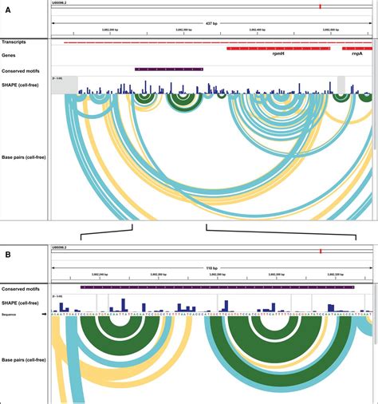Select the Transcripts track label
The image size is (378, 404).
coord(17,42)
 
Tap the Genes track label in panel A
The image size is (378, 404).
coord(11,51)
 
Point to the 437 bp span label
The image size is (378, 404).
coord(211,22)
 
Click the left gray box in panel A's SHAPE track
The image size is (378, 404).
coord(65,85)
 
